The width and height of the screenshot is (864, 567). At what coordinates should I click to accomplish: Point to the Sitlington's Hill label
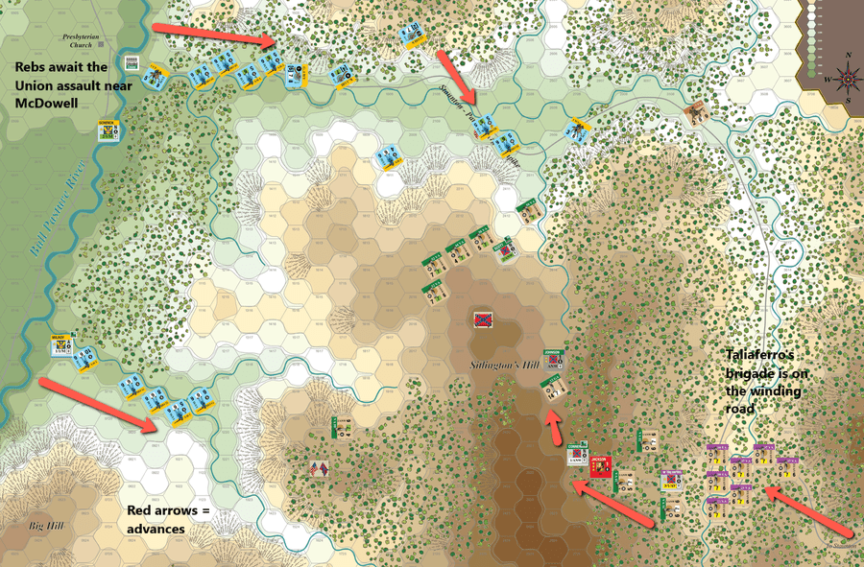tap(500, 366)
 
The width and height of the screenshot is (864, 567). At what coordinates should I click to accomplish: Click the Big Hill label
tap(46, 526)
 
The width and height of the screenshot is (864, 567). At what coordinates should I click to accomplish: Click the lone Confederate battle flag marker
tap(483, 319)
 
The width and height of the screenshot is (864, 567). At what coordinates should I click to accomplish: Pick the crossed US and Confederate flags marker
tap(319, 469)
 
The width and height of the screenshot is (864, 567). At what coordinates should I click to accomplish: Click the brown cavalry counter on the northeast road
tap(698, 113)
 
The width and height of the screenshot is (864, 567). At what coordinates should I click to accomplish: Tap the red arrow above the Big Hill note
tap(101, 402)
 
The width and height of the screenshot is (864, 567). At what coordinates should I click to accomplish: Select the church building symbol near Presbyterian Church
tap(132, 63)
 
